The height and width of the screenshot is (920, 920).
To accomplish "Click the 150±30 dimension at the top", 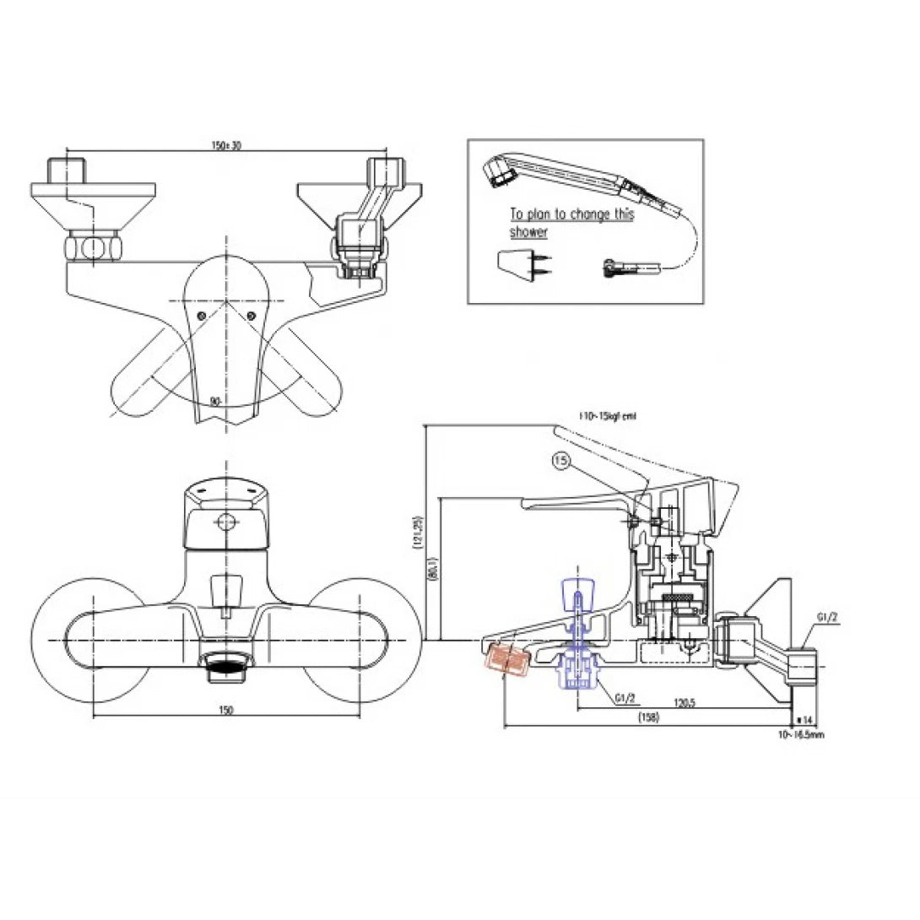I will pyautogui.click(x=225, y=146).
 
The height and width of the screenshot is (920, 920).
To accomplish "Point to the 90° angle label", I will pyautogui.click(x=215, y=403).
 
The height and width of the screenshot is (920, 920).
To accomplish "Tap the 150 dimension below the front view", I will pyautogui.click(x=225, y=710).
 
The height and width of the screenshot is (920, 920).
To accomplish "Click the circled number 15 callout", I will pyautogui.click(x=561, y=460).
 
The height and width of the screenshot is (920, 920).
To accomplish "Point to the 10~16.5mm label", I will pyautogui.click(x=802, y=734).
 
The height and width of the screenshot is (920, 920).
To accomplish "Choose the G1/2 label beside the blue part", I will pyautogui.click(x=625, y=698).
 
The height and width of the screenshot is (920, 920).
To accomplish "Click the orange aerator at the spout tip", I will pyautogui.click(x=506, y=658).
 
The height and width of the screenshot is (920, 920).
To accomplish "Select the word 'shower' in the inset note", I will pyautogui.click(x=528, y=232).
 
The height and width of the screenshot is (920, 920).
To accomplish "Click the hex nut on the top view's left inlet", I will pyautogui.click(x=93, y=248).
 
